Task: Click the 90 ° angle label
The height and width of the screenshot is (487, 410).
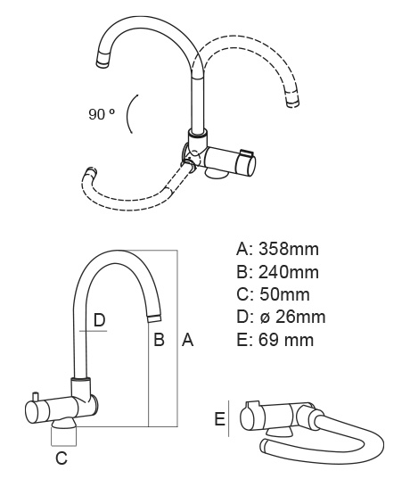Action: (102, 114)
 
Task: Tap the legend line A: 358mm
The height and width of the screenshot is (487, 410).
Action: (277, 249)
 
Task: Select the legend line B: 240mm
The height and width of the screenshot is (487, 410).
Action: (277, 272)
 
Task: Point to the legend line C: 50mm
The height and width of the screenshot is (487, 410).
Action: (273, 294)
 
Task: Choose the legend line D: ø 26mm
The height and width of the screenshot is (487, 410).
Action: (281, 318)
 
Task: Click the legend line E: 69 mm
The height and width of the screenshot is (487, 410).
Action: (275, 340)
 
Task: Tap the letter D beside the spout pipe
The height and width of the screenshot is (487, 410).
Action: (99, 320)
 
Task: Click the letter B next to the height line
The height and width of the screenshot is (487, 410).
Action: (159, 340)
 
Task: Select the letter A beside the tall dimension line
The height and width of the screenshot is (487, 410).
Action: (187, 340)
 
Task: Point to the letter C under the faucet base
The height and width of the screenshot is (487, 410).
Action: (61, 458)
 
